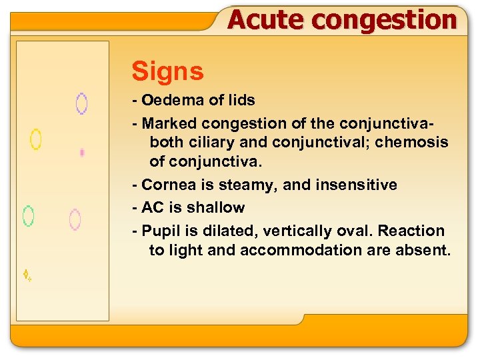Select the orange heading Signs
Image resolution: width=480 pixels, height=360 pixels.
click(x=167, y=71)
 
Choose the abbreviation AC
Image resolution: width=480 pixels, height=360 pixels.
click(x=152, y=207)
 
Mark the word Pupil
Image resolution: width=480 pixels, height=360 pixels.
click(x=159, y=231)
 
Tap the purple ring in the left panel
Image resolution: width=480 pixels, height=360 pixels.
click(x=81, y=103)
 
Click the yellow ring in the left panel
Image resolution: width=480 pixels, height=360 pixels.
click(x=36, y=139)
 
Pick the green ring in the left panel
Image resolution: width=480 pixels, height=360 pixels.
click(x=29, y=215)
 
